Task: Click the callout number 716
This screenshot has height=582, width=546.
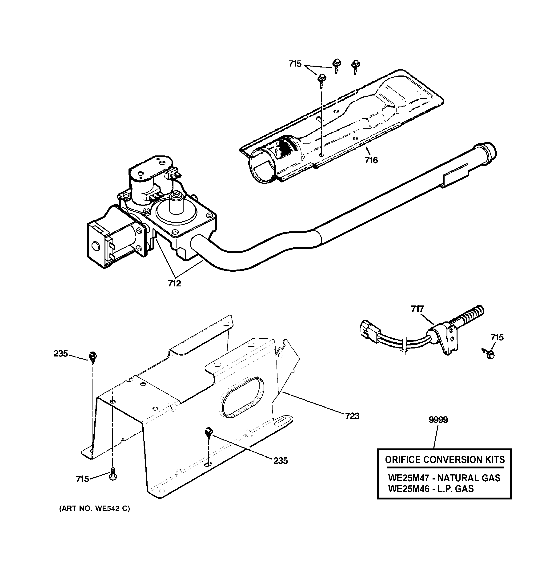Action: [x=371, y=160]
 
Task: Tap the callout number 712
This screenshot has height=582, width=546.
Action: [x=174, y=283]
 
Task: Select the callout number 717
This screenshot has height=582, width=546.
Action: [x=417, y=309]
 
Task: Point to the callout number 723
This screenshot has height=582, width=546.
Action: [x=352, y=416]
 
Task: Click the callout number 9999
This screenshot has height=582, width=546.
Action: [x=438, y=420]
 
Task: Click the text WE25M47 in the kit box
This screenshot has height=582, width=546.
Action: [x=408, y=478]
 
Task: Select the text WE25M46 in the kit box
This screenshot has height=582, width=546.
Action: [x=408, y=489]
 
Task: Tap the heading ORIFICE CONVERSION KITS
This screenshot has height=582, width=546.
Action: [x=445, y=460]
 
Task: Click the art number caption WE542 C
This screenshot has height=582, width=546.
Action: [x=94, y=509]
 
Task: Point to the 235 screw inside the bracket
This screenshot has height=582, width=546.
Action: [x=208, y=432]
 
